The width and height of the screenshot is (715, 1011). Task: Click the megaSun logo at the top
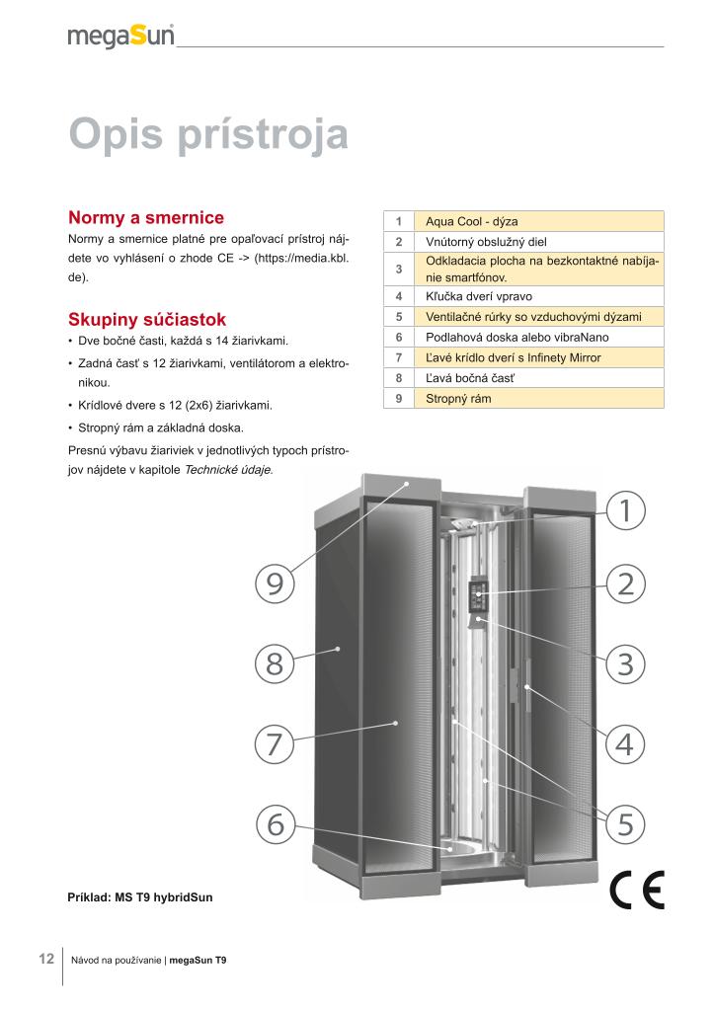(x=120, y=37)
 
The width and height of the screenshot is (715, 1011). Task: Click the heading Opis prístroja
(x=208, y=135)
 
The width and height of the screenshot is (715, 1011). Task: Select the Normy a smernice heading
(x=146, y=217)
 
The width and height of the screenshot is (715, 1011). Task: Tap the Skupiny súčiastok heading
(x=147, y=319)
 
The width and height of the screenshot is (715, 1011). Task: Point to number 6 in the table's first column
(x=398, y=337)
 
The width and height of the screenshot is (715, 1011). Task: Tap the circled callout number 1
(x=624, y=510)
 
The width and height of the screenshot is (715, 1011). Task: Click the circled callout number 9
(x=275, y=583)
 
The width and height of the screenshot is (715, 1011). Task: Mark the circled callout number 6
(x=275, y=822)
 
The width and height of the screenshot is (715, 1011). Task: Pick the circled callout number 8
(x=275, y=662)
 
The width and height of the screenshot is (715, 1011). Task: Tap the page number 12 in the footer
(x=45, y=959)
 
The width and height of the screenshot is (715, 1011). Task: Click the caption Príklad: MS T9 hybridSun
(x=139, y=897)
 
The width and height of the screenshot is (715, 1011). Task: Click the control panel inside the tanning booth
(x=480, y=595)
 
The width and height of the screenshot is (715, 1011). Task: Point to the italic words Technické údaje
(x=229, y=470)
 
